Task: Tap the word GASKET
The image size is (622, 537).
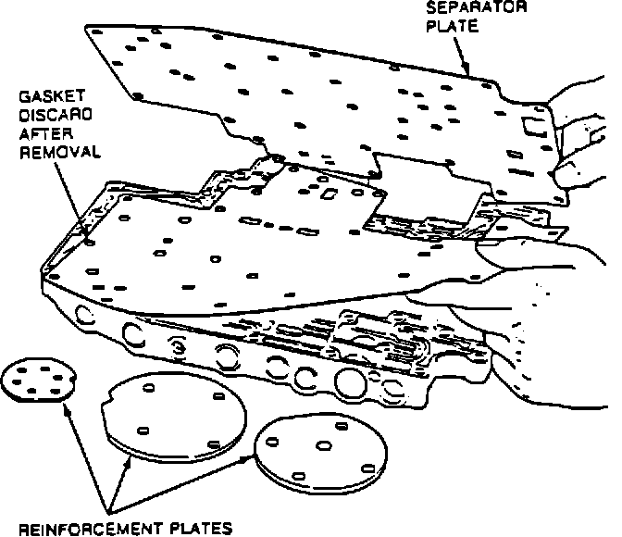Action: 48,95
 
